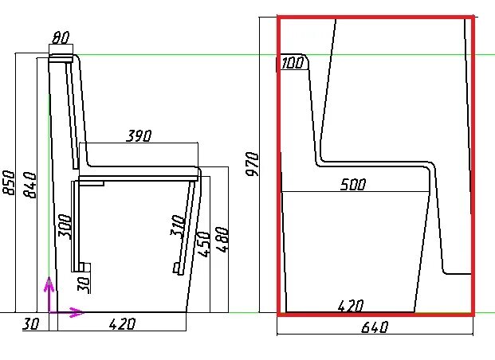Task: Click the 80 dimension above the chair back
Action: coord(61,38)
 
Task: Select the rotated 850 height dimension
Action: coord(9,183)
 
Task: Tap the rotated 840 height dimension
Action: coord(30,185)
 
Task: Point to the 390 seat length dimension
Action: coord(139,135)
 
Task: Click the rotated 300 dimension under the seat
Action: coord(65,226)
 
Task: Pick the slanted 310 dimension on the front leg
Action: coord(178,226)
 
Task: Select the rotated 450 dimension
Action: coord(202,244)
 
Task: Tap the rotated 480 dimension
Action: coord(222,240)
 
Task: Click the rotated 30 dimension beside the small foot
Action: coord(84,285)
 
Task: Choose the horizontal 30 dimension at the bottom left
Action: coord(31,324)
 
